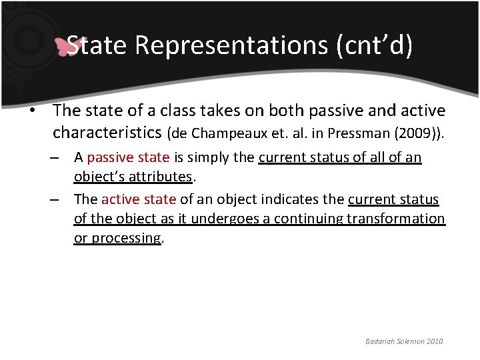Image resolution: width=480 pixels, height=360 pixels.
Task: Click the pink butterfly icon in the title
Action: point(69,46)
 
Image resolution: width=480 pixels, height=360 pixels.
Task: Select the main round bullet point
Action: point(31,110)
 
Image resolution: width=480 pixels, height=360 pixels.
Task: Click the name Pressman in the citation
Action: point(358,133)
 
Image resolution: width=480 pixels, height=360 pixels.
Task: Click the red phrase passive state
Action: point(128,158)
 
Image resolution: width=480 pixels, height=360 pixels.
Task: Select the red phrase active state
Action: point(139,199)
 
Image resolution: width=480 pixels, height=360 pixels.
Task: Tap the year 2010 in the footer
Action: point(433,341)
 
